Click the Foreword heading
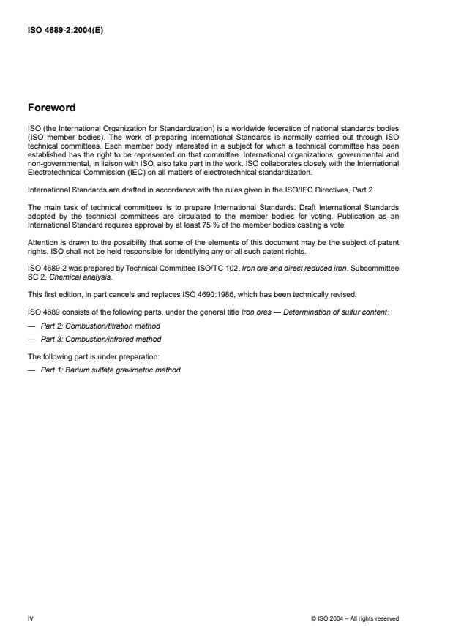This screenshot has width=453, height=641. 50,108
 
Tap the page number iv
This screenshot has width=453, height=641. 30,618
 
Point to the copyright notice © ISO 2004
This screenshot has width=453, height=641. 355,618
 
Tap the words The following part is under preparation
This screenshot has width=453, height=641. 83,356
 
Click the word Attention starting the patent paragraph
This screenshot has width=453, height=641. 42,241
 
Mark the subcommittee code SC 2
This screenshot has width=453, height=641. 35,277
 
